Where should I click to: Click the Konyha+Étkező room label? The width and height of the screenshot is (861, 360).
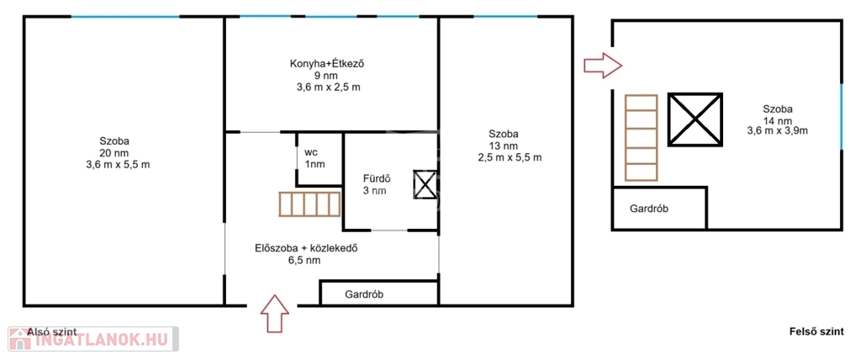(327, 64)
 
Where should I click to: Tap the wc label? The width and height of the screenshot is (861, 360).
(311, 152)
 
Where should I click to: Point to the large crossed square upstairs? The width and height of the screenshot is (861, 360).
(695, 119)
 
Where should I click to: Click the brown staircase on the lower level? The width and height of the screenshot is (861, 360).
(310, 204)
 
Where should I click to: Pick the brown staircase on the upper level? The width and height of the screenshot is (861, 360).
(641, 138)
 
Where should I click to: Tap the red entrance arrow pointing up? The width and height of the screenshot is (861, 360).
(275, 313)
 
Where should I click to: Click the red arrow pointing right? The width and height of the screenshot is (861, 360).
(602, 66)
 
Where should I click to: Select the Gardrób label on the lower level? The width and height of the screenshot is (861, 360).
(363, 294)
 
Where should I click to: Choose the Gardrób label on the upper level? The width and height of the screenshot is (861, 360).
(649, 209)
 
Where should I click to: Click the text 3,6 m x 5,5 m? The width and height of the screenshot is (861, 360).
(118, 165)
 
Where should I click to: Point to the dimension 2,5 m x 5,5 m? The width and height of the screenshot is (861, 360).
(510, 158)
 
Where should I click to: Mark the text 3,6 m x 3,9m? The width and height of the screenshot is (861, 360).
(777, 131)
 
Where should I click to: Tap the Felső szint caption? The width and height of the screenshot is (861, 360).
(816, 332)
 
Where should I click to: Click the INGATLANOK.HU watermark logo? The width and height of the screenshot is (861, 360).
(93, 339)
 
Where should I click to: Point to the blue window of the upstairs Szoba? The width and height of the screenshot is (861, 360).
(841, 117)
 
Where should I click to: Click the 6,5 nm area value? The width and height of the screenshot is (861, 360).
(300, 261)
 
